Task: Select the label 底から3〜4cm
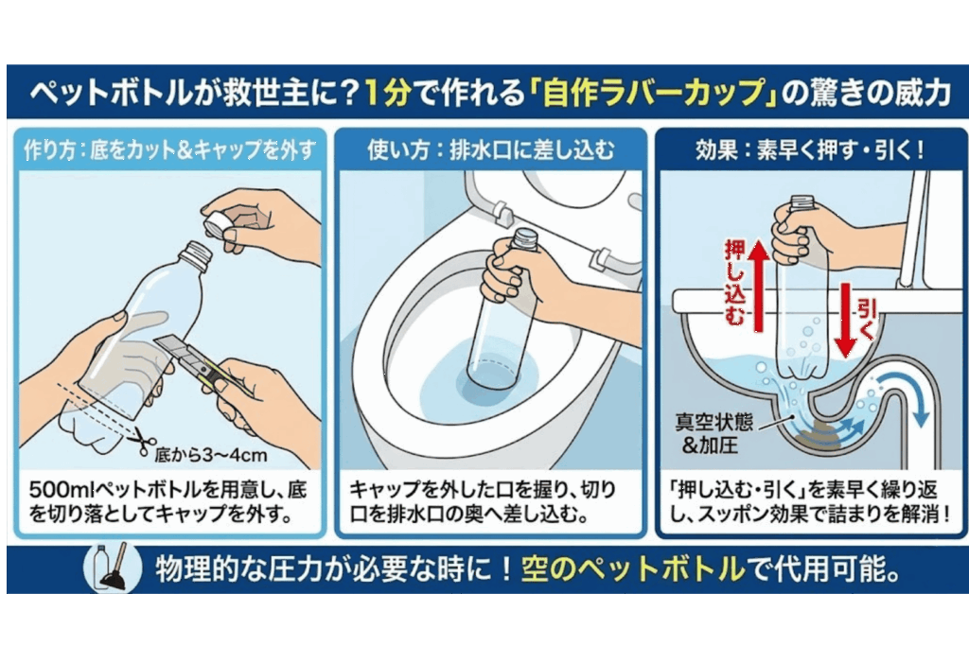pyautogui.click(x=211, y=456)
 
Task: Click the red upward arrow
pyautogui.click(x=759, y=285)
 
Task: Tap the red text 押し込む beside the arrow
pyautogui.click(x=734, y=283)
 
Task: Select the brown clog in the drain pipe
pyautogui.click(x=813, y=431)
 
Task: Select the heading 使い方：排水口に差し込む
pyautogui.click(x=491, y=150)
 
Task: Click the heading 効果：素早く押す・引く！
pyautogui.click(x=810, y=150)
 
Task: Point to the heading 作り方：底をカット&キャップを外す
pyautogui.click(x=170, y=150)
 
